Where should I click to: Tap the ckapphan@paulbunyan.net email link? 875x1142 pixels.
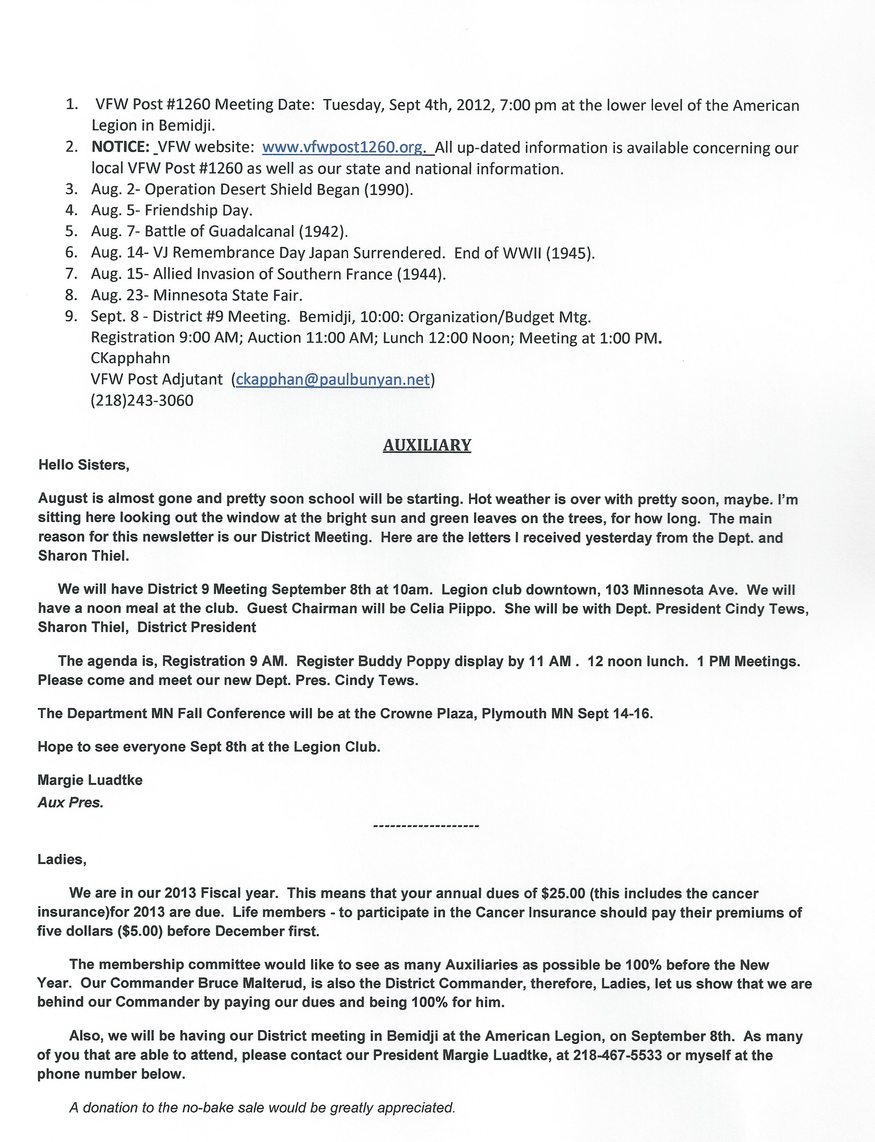pos(333,379)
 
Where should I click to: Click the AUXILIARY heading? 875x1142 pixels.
pos(427,445)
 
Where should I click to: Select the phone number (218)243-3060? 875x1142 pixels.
pos(142,401)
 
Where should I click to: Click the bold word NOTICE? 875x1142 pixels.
pos(121,147)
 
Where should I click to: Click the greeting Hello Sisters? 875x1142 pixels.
pos(83,464)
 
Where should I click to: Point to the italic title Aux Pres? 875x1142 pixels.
pos(70,803)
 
